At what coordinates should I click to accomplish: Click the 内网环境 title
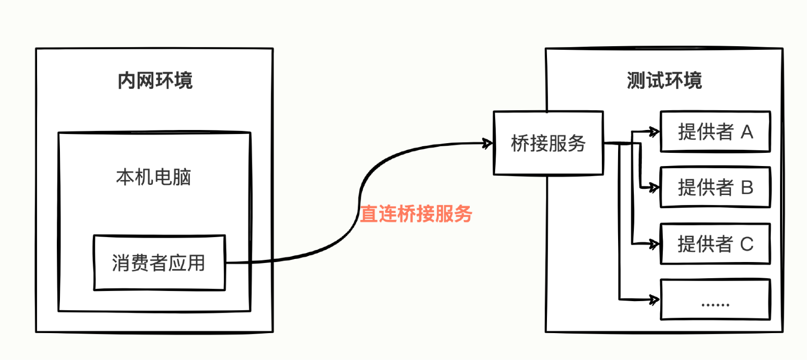(x=155, y=81)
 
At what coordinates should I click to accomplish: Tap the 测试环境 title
(x=664, y=81)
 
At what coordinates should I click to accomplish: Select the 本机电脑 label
(x=153, y=177)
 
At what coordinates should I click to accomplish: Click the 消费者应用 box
(x=159, y=263)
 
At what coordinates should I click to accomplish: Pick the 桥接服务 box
(x=548, y=143)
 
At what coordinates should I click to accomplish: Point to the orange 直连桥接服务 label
(x=416, y=214)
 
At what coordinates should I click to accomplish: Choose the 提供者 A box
(x=715, y=132)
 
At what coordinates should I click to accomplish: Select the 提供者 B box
(x=715, y=187)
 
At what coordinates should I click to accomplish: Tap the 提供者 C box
(x=715, y=244)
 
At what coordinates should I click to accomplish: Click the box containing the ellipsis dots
(x=715, y=300)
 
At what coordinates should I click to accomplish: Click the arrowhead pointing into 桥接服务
(x=489, y=143)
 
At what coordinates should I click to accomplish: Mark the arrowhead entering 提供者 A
(x=655, y=132)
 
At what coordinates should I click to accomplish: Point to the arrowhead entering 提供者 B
(x=655, y=188)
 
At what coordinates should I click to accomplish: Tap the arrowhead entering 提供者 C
(x=655, y=244)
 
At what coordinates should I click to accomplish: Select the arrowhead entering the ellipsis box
(x=655, y=300)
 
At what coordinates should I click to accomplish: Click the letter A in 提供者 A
(x=747, y=132)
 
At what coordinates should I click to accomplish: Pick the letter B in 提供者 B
(x=747, y=187)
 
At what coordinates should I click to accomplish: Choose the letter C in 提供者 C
(x=747, y=244)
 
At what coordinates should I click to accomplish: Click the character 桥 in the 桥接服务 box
(x=520, y=144)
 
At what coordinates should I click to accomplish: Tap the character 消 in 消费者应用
(x=121, y=263)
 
